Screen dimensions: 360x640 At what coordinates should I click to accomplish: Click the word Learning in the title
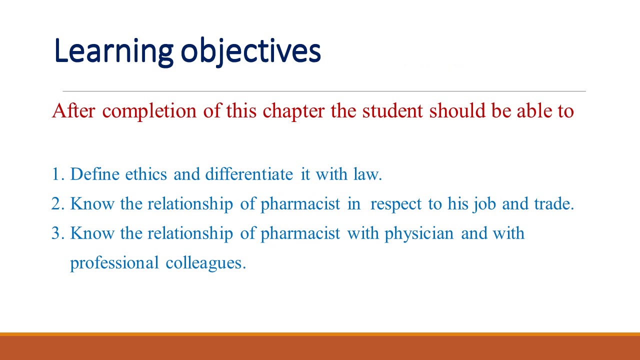point(113,51)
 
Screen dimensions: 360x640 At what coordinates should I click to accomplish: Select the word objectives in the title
point(250,51)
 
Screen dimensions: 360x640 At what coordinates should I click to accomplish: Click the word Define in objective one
point(95,174)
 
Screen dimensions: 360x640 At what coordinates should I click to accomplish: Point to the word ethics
point(146,174)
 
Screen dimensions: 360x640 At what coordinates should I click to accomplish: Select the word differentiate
point(248,174)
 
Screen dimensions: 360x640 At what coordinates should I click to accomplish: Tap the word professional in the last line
point(114,263)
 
